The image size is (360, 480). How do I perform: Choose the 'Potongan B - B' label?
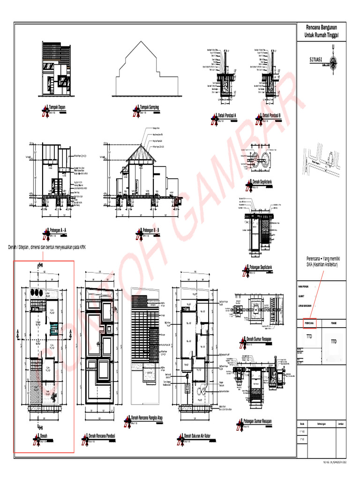151,231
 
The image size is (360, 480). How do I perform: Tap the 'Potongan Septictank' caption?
264,267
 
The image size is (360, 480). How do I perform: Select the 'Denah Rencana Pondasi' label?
102,436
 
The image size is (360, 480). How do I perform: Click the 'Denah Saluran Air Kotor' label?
197,436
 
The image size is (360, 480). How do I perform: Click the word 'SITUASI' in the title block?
317,60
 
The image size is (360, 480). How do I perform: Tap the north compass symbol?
333,60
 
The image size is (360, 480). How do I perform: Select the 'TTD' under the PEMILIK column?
333,341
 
